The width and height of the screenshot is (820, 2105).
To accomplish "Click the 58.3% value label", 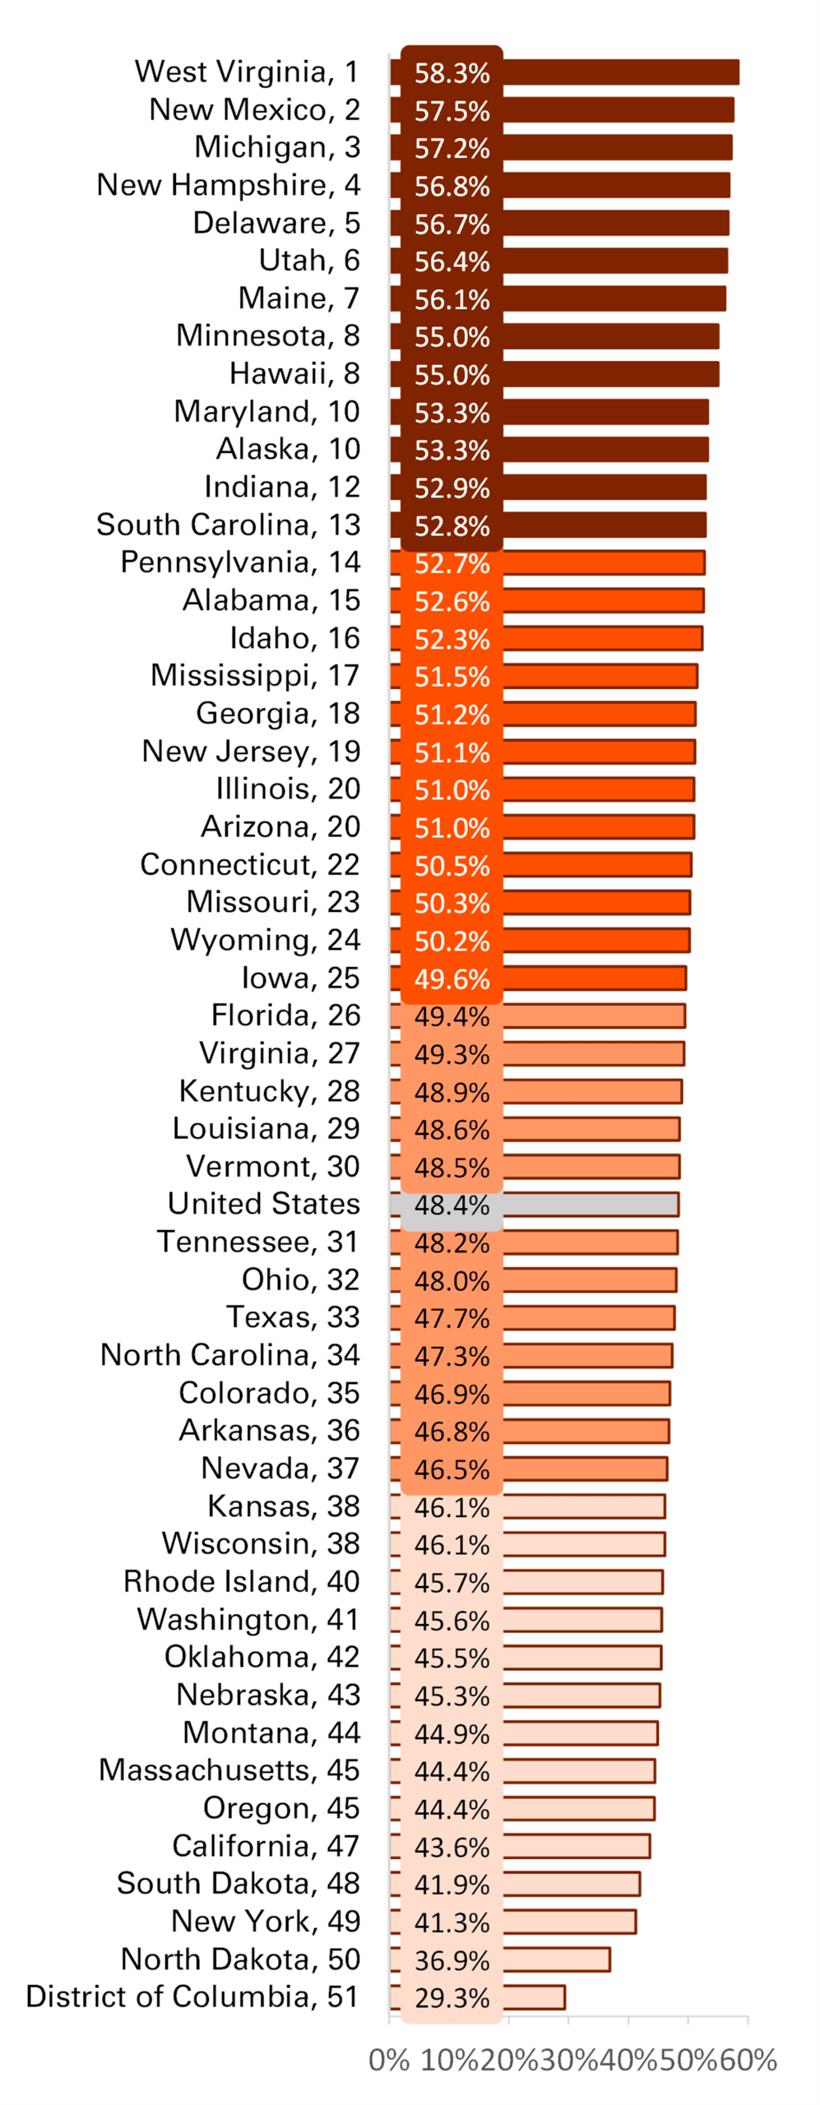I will pyautogui.click(x=452, y=73).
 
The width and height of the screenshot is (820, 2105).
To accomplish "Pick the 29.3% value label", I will pyautogui.click(x=452, y=1998).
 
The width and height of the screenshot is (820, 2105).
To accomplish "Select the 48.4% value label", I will pyautogui.click(x=452, y=1205).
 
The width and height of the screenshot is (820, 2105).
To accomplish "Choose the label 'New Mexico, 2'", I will pyautogui.click(x=254, y=109).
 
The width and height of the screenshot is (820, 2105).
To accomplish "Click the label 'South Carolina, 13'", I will pyautogui.click(x=228, y=525).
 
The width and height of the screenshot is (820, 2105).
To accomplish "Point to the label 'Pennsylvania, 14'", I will pyautogui.click(x=240, y=562).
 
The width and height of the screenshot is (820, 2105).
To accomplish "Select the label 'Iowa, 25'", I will pyautogui.click(x=300, y=978).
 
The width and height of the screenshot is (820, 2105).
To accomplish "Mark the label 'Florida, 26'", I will pyautogui.click(x=285, y=1015).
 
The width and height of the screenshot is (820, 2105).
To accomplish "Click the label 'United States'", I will pyautogui.click(x=263, y=1204).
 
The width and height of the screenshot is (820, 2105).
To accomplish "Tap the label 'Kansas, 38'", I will pyautogui.click(x=283, y=1506).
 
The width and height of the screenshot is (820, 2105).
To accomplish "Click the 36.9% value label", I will pyautogui.click(x=452, y=1960).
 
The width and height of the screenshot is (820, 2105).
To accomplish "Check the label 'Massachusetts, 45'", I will pyautogui.click(x=229, y=1770).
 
